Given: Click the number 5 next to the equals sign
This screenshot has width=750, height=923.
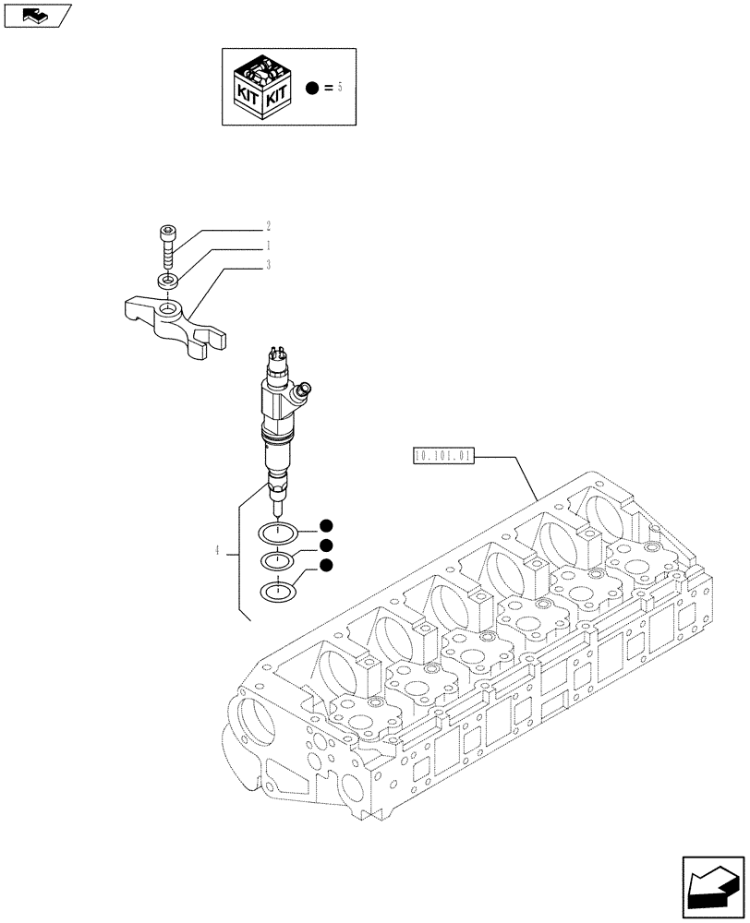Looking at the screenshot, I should pyautogui.click(x=340, y=88).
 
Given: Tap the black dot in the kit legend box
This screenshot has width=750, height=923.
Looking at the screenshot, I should pyautogui.click(x=312, y=88).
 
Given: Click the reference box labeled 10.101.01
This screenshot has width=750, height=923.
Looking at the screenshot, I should pyautogui.click(x=444, y=455).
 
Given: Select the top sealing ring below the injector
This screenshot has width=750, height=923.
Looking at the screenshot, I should pyautogui.click(x=277, y=532).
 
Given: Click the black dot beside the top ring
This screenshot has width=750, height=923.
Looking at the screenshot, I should pyautogui.click(x=325, y=526).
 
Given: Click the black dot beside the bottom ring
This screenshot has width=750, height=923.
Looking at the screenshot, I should pyautogui.click(x=325, y=565).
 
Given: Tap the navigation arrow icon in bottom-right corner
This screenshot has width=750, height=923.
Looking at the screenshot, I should pyautogui.click(x=715, y=889).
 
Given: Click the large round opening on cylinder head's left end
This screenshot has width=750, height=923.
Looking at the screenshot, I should pyautogui.click(x=253, y=721).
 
